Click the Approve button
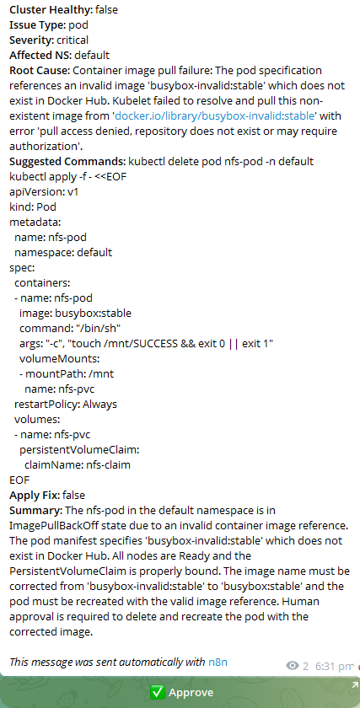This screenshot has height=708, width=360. [x=180, y=692]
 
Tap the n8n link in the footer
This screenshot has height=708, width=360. [x=218, y=662]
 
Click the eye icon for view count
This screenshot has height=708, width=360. [x=293, y=666]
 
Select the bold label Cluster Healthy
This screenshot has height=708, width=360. [x=50, y=9]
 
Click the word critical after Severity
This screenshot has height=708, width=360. [x=71, y=40]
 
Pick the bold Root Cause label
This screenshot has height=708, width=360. [x=39, y=70]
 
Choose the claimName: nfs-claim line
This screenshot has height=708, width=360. [x=77, y=464]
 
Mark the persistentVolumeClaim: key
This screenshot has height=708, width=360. [x=79, y=449]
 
